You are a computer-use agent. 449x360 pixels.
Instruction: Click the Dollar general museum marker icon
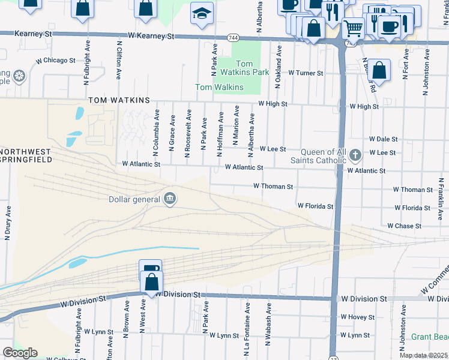tap(170, 199)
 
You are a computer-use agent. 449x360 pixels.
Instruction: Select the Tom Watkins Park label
tap(244, 68)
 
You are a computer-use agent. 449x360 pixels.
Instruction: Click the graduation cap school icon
tap(202, 13)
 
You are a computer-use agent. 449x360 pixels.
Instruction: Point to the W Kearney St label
tap(147, 36)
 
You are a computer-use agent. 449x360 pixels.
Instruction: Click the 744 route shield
tap(232, 38)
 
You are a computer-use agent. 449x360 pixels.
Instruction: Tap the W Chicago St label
tap(55, 61)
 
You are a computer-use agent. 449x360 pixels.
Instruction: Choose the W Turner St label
tap(306, 73)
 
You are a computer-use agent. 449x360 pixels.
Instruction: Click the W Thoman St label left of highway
tap(273, 187)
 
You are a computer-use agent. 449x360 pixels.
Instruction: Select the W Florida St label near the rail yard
tap(316, 206)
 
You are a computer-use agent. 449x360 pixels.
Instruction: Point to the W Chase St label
tap(405, 226)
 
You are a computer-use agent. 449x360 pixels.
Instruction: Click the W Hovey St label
tap(357, 317)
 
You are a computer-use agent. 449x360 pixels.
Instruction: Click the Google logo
tap(20, 353)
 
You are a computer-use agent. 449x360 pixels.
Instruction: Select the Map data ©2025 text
tap(423, 355)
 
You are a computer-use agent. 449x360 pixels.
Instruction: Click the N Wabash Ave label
tap(269, 317)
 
